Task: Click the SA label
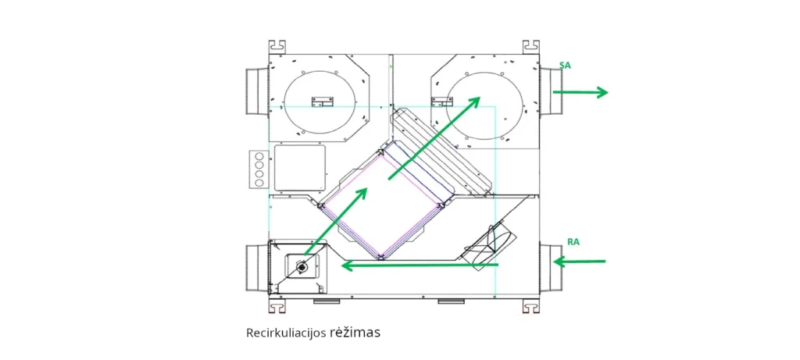click(x=565, y=66)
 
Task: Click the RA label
click(x=573, y=242)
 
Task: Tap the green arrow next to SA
click(x=580, y=92)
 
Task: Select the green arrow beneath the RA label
click(x=580, y=261)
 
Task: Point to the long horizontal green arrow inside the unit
click(x=420, y=266)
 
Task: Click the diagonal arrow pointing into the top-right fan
click(x=434, y=137)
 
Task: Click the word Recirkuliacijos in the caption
click(x=284, y=333)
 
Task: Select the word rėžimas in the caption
click(x=355, y=333)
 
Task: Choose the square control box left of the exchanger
click(x=298, y=168)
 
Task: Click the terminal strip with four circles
click(x=259, y=169)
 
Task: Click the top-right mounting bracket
click(x=530, y=46)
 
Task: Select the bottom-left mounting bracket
click(x=277, y=306)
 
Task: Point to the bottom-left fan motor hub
click(x=302, y=267)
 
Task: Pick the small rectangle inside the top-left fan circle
click(x=321, y=101)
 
